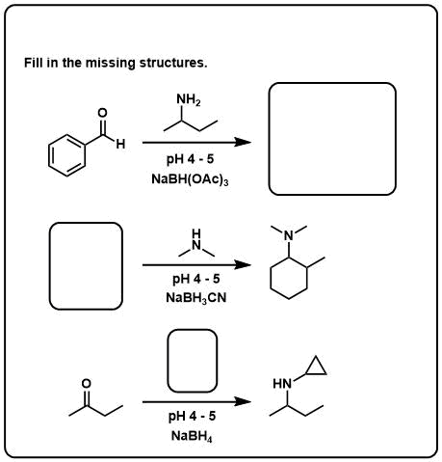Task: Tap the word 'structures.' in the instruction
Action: (x=173, y=63)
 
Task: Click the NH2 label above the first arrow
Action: (x=189, y=100)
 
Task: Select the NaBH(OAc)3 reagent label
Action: (x=190, y=179)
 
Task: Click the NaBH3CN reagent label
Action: (x=196, y=298)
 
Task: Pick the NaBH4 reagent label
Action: (x=192, y=436)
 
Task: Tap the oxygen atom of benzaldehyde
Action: (x=102, y=113)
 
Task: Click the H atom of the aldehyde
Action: (x=120, y=144)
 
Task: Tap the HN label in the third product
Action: (x=282, y=384)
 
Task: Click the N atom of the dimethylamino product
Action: (x=289, y=235)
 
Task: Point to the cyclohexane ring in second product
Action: (x=271, y=278)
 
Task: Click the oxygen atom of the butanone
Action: (x=87, y=384)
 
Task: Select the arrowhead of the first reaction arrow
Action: (x=243, y=142)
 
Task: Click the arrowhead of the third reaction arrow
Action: (x=243, y=401)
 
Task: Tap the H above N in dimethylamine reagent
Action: (x=196, y=232)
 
